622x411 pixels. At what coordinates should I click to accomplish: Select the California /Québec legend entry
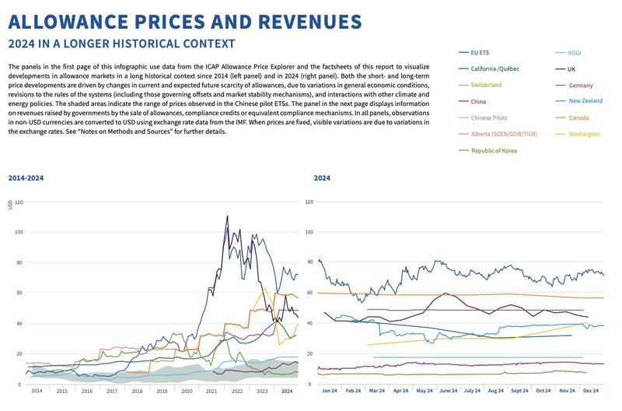[x=496, y=68]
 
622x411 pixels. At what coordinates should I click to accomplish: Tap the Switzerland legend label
[x=487, y=85]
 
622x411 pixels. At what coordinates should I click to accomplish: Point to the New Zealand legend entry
[x=585, y=101]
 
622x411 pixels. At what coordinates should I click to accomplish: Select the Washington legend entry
[x=584, y=134]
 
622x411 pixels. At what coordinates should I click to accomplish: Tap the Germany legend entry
[x=581, y=85]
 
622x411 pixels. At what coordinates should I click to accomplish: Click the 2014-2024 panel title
[x=26, y=178]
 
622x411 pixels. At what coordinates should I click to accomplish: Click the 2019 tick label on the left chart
[x=162, y=391]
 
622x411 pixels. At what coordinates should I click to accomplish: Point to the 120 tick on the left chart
[x=19, y=202]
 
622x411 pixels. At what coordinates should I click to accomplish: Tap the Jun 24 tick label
[x=449, y=391]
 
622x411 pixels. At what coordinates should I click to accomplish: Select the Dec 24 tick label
[x=590, y=391]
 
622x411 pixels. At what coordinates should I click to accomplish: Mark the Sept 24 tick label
[x=519, y=391]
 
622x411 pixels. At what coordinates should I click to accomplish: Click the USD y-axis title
[x=10, y=205]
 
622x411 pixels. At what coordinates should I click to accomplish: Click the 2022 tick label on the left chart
[x=236, y=391]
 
